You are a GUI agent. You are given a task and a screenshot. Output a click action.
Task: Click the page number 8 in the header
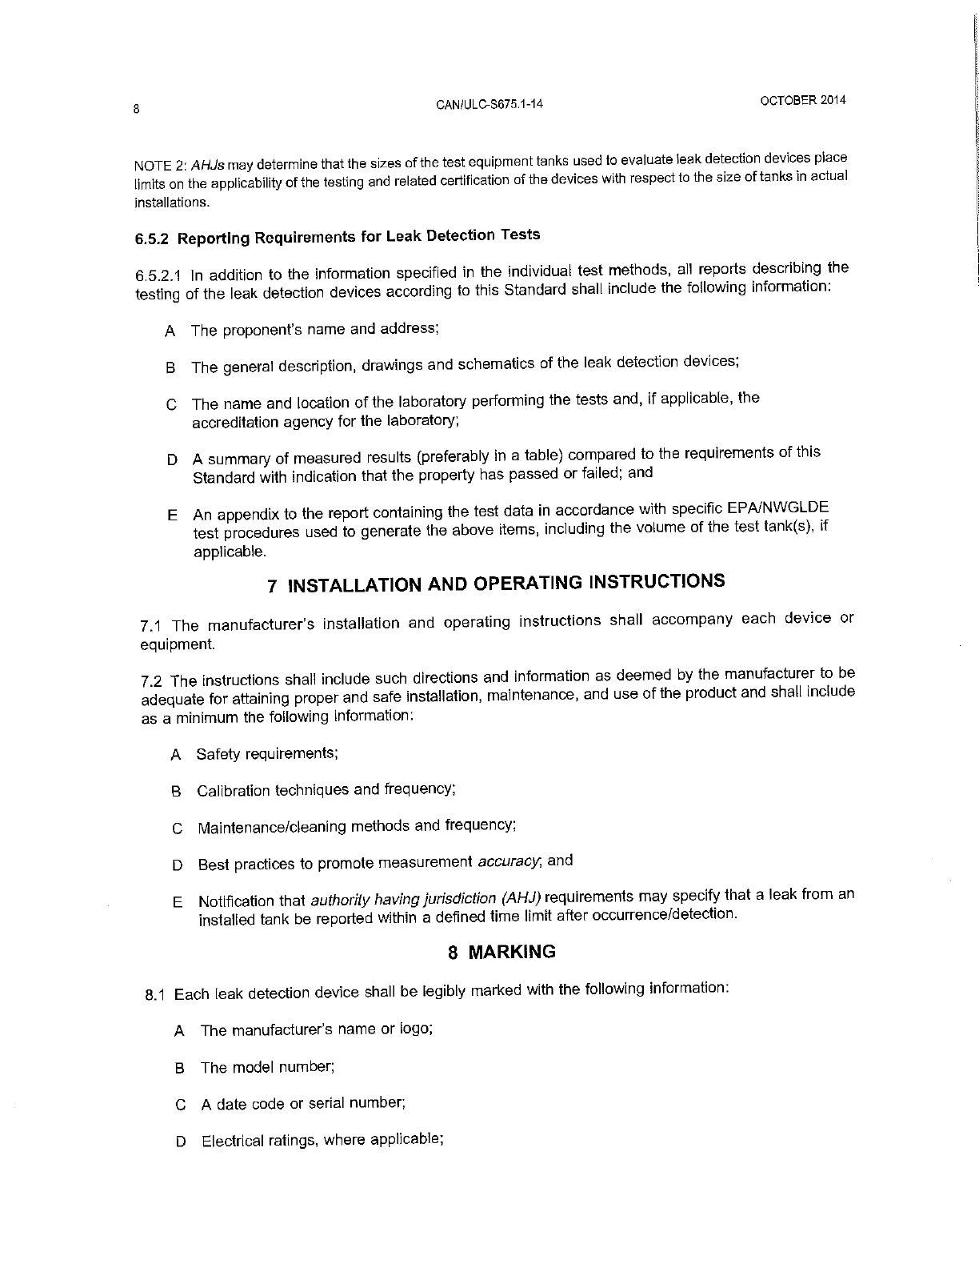click(137, 110)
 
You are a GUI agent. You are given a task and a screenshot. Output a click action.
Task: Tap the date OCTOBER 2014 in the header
click(802, 101)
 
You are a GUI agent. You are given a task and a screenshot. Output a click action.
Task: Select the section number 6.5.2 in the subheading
click(154, 239)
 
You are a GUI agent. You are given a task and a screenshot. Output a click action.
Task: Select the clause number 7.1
click(151, 625)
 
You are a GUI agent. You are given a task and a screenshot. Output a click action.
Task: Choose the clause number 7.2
click(152, 681)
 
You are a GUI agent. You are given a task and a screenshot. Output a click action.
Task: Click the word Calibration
click(234, 791)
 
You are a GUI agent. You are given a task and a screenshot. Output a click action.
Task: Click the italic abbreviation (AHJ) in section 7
click(521, 897)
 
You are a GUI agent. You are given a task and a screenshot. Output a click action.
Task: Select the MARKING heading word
click(512, 952)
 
